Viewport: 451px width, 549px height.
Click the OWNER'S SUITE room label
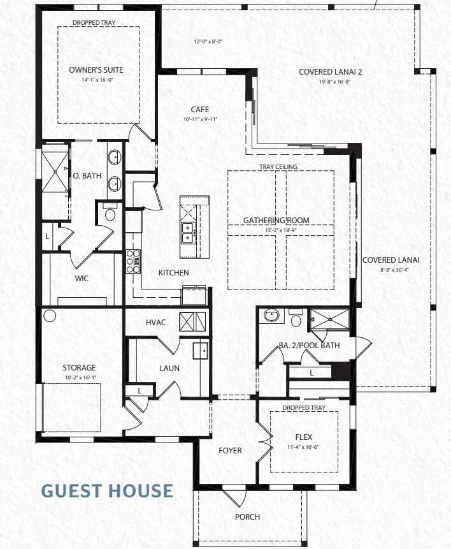tap(96, 70)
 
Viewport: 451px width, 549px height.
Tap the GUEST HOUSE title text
tap(107, 490)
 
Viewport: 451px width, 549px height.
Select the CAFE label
tap(200, 110)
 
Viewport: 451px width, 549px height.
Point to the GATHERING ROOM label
tap(276, 221)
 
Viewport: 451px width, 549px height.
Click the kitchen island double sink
tap(187, 233)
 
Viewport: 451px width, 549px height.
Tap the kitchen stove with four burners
tap(134, 260)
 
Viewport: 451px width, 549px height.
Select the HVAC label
tap(156, 322)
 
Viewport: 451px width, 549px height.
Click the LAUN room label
tap(169, 368)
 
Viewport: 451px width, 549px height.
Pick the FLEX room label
tap(304, 437)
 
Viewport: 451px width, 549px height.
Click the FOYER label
tap(230, 451)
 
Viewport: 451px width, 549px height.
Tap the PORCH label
tap(247, 516)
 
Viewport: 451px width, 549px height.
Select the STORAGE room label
tap(79, 367)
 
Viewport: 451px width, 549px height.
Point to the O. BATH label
tap(83, 176)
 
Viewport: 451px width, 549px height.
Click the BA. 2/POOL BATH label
tap(309, 346)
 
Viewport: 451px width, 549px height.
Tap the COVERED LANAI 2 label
tap(334, 72)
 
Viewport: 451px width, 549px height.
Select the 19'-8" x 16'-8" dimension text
tap(334, 82)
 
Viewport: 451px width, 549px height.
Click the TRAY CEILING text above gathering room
tap(278, 167)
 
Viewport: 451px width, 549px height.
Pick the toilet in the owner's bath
tap(110, 213)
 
